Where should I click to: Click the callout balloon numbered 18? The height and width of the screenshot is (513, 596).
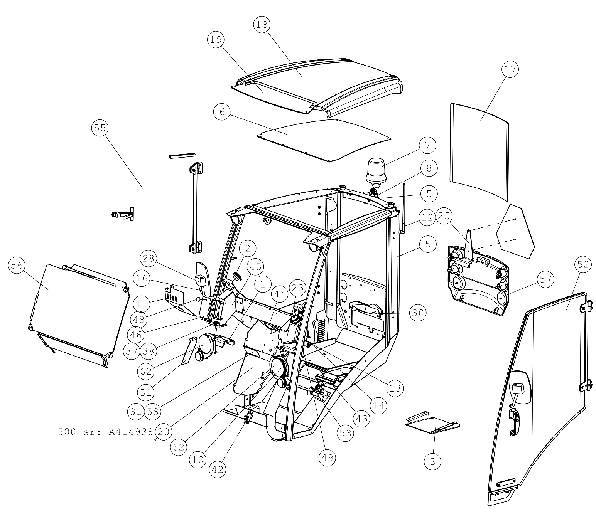tap(262, 25)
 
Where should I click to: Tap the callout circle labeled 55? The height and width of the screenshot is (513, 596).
tap(100, 128)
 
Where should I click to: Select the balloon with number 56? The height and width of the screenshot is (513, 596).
tap(17, 265)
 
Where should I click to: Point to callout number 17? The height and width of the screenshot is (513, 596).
tap(510, 69)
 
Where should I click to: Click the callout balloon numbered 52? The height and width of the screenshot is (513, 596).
tap(583, 264)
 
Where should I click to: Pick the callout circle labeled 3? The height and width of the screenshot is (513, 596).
tap(432, 461)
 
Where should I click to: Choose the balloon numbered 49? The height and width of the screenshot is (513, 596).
tap(328, 457)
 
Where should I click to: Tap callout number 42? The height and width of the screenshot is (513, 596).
tap(218, 469)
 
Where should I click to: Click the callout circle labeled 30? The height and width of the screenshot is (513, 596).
tap(418, 313)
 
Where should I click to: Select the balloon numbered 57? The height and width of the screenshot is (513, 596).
tap(545, 279)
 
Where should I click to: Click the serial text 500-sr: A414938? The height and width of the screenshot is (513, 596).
tap(105, 432)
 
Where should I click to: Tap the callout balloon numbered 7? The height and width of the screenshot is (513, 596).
tap(427, 145)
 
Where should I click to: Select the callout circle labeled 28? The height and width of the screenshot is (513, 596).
tap(148, 258)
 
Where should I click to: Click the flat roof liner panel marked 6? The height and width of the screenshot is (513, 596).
tap(324, 140)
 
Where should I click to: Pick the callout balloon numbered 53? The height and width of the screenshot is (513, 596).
tap(345, 432)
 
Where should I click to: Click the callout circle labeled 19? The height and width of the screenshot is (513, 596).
tap(216, 39)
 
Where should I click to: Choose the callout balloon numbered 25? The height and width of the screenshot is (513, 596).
tap(444, 215)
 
